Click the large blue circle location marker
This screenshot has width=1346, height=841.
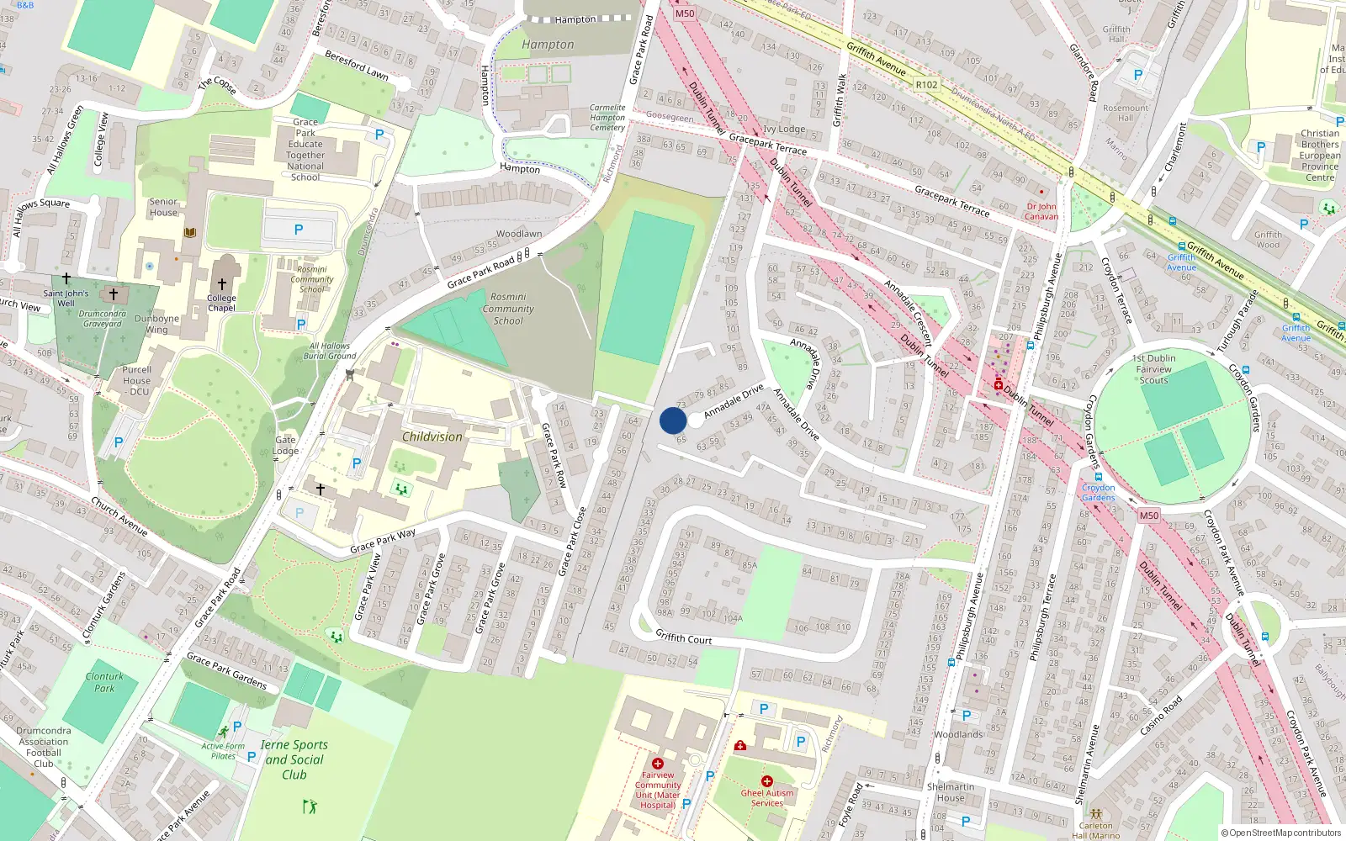click(673, 420)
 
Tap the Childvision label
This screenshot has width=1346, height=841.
click(432, 436)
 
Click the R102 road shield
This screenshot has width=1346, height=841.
click(926, 85)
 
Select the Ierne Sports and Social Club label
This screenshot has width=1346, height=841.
click(294, 759)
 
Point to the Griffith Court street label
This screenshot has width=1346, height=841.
click(683, 637)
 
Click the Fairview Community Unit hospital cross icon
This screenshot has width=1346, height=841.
click(658, 764)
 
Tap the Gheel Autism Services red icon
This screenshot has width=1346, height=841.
click(766, 781)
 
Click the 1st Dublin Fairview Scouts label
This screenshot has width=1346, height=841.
click(1153, 369)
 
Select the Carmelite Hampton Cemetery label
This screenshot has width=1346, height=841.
click(607, 118)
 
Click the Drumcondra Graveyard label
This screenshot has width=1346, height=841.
click(102, 319)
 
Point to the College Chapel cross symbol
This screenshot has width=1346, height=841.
click(222, 284)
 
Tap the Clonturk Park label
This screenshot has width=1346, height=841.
click(104, 682)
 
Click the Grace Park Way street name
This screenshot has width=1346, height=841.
click(383, 541)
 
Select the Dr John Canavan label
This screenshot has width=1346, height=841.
click(1041, 211)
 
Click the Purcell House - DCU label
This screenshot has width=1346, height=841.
click(136, 380)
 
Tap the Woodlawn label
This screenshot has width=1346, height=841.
click(519, 234)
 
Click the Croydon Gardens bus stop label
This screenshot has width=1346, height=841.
click(1098, 492)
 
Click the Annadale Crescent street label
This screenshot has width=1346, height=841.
click(909, 314)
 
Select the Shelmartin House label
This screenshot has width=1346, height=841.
click(951, 792)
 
